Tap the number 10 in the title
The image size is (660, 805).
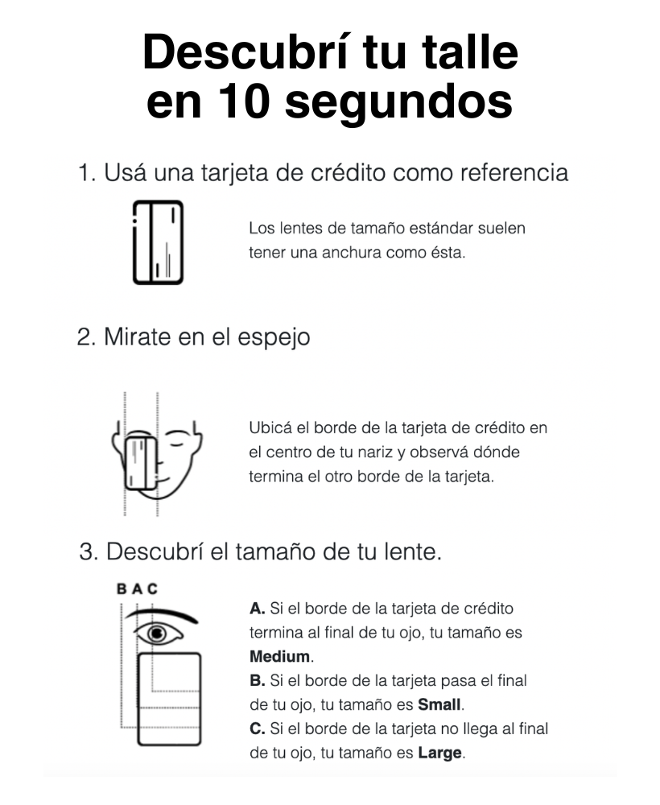click(x=244, y=101)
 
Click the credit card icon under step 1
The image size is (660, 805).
click(x=158, y=242)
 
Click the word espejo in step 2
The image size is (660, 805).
click(x=274, y=339)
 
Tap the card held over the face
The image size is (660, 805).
click(x=141, y=463)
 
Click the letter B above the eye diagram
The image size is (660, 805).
click(x=122, y=588)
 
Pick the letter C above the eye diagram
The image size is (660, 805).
click(x=152, y=588)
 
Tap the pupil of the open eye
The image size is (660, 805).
click(x=157, y=634)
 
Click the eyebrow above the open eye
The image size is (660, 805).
click(x=162, y=615)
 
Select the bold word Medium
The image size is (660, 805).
click(x=280, y=656)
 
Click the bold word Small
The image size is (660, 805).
click(x=439, y=704)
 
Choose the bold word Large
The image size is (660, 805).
click(x=439, y=753)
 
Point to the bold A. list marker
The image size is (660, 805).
click(x=257, y=609)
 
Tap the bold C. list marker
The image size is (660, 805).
click(x=257, y=729)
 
